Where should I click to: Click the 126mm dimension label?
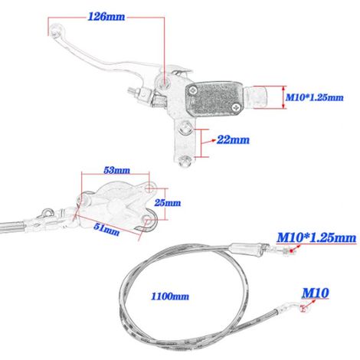(x=106, y=17)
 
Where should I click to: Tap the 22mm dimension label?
(x=233, y=139)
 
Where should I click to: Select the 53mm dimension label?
(x=116, y=170)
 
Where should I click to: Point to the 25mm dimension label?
(x=168, y=203)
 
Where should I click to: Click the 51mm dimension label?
(x=106, y=229)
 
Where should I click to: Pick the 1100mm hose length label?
(x=170, y=296)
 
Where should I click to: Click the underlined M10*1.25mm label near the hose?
(x=316, y=237)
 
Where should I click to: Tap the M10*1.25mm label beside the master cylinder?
(x=314, y=97)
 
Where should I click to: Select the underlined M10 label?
(x=316, y=293)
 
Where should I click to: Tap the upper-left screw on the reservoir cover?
(x=193, y=90)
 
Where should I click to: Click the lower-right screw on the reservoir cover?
(x=235, y=107)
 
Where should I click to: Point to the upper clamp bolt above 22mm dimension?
(x=185, y=129)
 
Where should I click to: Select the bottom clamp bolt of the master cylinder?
(x=185, y=161)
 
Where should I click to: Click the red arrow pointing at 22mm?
(x=208, y=141)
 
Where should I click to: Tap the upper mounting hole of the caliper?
(x=150, y=188)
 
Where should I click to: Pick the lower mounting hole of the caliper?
(x=148, y=220)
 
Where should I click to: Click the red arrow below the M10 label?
(x=309, y=304)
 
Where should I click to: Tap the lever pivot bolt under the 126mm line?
(x=163, y=82)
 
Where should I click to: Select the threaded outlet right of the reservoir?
(x=257, y=97)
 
